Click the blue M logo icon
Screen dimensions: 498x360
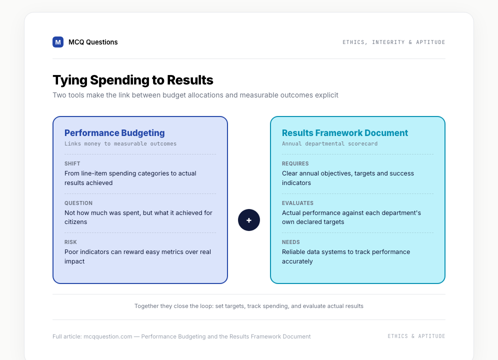click(58, 42)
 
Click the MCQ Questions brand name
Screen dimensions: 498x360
click(93, 42)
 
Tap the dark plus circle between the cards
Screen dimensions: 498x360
click(249, 220)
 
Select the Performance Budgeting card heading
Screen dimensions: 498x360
click(114, 133)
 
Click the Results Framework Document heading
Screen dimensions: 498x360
click(345, 133)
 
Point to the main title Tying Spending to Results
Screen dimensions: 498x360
click(133, 80)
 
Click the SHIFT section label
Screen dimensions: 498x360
click(72, 163)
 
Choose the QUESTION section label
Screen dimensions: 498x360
click(78, 203)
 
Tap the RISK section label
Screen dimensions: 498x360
click(70, 242)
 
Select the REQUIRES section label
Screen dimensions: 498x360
click(295, 163)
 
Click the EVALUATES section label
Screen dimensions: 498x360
click(297, 203)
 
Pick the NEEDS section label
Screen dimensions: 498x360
click(291, 242)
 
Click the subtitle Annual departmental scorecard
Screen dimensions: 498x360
click(329, 143)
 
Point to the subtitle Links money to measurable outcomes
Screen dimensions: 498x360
click(120, 143)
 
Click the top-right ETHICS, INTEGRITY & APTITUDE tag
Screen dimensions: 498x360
click(394, 42)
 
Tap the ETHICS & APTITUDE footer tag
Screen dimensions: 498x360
click(416, 336)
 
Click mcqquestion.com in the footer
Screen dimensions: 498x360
click(107, 336)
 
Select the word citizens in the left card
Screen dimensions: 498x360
click(75, 222)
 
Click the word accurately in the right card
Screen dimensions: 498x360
click(297, 261)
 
